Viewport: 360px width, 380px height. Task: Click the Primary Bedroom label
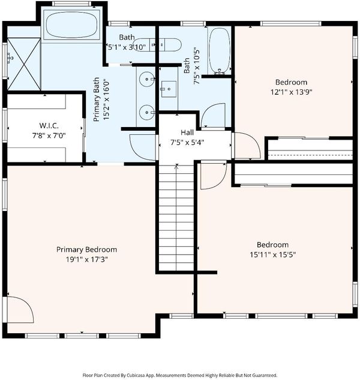click(86, 249)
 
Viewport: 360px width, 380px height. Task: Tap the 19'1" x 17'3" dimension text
click(86, 260)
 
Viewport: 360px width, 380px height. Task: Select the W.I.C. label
click(49, 125)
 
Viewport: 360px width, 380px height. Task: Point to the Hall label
click(187, 132)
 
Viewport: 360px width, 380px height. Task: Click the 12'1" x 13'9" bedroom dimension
click(291, 92)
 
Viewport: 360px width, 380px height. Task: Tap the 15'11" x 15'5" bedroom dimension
click(272, 255)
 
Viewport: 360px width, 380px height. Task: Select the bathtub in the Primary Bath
click(71, 25)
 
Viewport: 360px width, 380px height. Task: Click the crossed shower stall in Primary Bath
click(24, 64)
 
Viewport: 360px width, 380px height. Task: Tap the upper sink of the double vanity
click(146, 79)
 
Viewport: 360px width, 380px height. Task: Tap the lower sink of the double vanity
click(146, 112)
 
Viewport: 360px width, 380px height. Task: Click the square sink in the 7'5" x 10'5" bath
click(169, 89)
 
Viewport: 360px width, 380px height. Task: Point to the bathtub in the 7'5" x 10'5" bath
click(220, 51)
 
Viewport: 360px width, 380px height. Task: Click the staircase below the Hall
click(176, 218)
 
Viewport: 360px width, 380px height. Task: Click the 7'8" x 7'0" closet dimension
click(49, 135)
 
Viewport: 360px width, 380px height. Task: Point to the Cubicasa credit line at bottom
click(180, 375)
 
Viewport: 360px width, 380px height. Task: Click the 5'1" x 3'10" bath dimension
click(127, 47)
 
